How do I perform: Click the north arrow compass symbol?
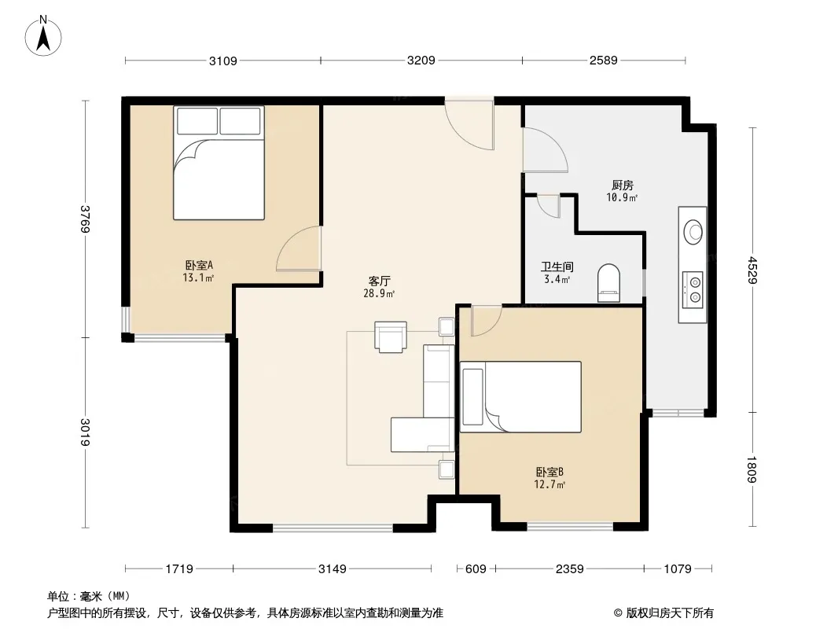click(43, 36)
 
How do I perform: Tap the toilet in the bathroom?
click(608, 283)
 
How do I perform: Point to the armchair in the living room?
click(391, 337)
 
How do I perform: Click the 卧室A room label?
click(199, 265)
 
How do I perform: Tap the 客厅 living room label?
click(380, 281)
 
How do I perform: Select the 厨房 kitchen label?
click(623, 186)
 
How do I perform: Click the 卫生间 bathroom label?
click(557, 267)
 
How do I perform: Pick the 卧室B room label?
click(549, 472)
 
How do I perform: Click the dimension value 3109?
click(222, 61)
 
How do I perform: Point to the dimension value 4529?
click(753, 270)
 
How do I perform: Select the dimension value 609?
click(476, 569)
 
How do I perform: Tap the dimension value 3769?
click(85, 219)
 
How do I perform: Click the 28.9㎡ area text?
click(379, 293)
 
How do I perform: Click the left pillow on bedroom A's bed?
click(197, 121)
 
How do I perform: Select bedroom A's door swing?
click(299, 248)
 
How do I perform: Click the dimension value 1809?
click(752, 469)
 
